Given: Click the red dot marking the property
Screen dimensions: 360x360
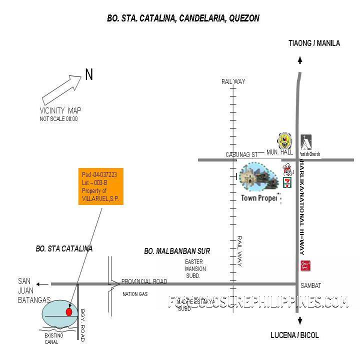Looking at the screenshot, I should (x=69, y=312).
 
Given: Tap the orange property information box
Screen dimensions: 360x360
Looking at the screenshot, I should (x=102, y=186).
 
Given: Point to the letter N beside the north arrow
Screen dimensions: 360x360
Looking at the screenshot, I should (x=89, y=75).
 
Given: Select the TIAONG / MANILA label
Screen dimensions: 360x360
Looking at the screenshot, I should (x=314, y=43).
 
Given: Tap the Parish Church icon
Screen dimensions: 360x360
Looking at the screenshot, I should (x=305, y=142).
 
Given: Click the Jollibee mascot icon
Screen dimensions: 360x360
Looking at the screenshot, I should (x=287, y=169).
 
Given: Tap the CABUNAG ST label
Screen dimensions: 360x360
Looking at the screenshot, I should (x=241, y=155).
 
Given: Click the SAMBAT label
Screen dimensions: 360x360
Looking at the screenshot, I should (x=310, y=285).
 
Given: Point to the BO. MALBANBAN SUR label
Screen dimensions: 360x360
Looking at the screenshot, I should (x=177, y=251).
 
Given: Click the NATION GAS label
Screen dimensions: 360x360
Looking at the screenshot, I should (x=135, y=294).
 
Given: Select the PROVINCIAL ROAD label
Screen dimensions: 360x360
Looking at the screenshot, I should (x=144, y=282).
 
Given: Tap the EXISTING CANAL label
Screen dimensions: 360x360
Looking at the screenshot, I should (x=54, y=338).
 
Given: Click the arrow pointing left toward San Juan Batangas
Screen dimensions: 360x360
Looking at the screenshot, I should (x=42, y=284).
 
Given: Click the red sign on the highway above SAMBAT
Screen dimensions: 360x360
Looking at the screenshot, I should (x=303, y=265).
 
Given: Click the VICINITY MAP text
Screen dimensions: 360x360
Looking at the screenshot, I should (x=60, y=110).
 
